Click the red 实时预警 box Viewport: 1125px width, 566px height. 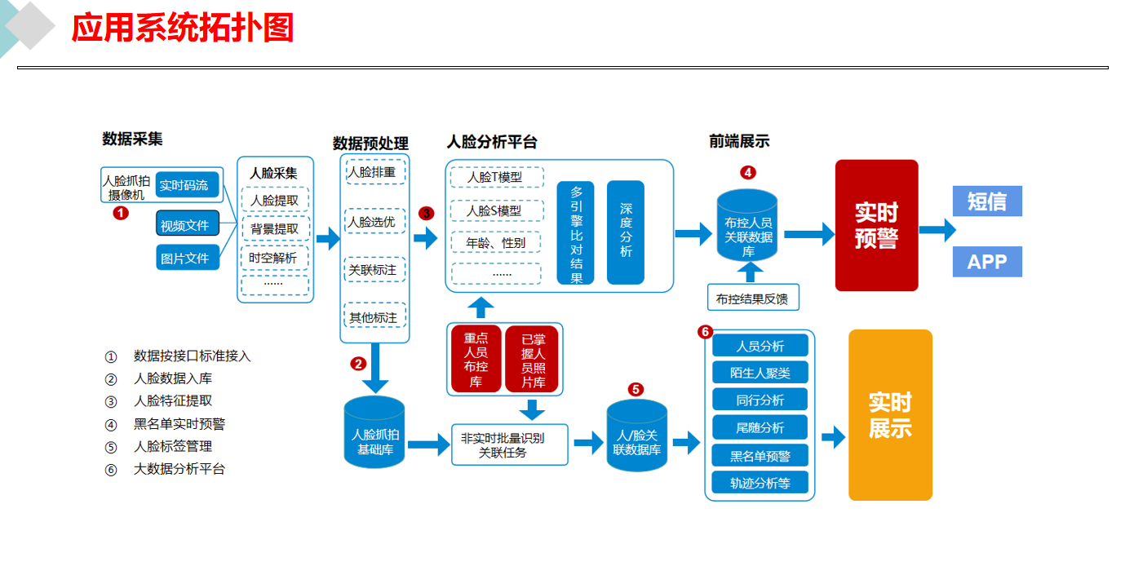[x=876, y=225]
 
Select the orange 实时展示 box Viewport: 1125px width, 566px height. [x=890, y=415]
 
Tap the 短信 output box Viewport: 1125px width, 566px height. [x=987, y=201]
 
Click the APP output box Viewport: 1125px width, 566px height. [x=987, y=262]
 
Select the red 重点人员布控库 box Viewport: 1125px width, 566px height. [x=476, y=360]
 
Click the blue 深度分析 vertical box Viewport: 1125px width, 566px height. [x=626, y=232]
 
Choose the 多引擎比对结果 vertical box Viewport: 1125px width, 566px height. [x=576, y=232]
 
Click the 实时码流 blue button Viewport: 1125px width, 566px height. [x=184, y=185]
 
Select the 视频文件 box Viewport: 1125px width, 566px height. [x=184, y=224]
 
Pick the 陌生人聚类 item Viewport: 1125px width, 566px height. [x=760, y=373]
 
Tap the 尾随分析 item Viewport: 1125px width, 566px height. [x=760, y=427]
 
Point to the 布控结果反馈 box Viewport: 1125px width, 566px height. [x=752, y=298]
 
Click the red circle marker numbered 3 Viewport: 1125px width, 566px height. [x=426, y=214]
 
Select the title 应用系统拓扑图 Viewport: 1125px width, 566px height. [x=182, y=29]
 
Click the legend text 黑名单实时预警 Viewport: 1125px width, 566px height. [x=179, y=423]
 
